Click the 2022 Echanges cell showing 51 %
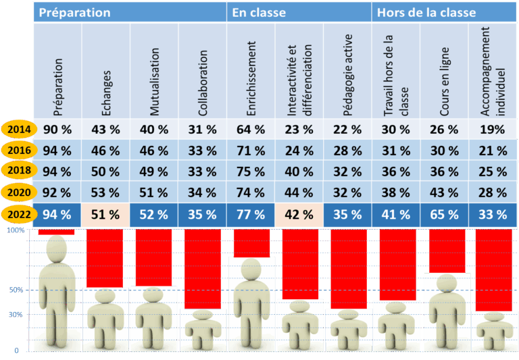(105, 215)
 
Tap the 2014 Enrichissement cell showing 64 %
(251, 129)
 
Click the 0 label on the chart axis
(16, 351)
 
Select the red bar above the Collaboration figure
(202, 269)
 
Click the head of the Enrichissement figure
(251, 269)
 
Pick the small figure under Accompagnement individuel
(491, 332)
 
